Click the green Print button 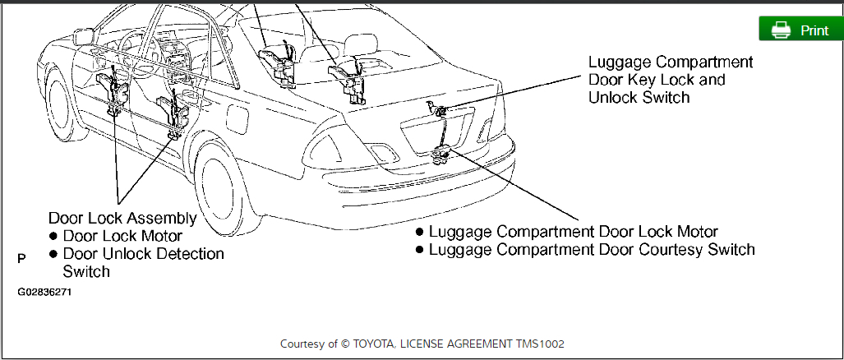pos(800,30)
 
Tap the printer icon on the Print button pos(781,30)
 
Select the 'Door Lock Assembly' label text pos(122,219)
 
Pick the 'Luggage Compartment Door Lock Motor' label pos(573,232)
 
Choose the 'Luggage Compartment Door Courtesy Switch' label pos(591,249)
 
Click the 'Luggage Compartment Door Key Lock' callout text pos(671,80)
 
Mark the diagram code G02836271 pos(44,292)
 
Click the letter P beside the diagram pos(21,258)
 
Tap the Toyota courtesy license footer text pos(422,344)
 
